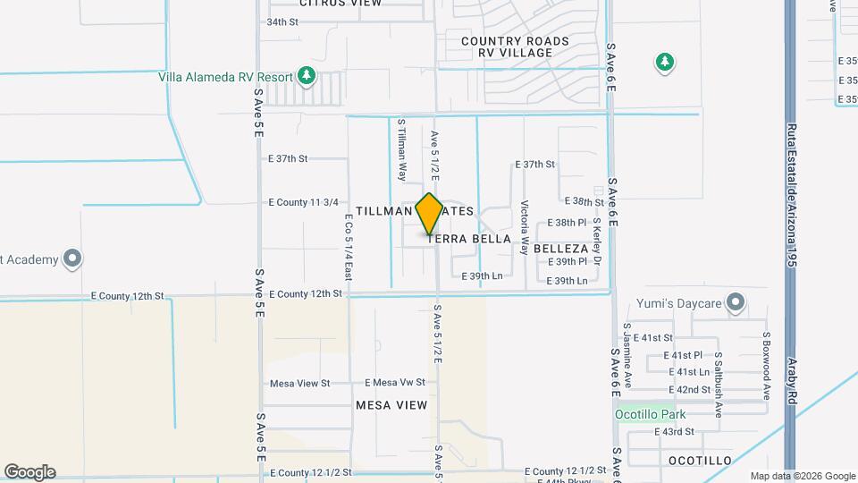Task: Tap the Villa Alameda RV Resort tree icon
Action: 307,74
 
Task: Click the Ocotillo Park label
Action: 650,414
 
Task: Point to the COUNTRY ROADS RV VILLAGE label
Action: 515,47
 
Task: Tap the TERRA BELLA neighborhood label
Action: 469,239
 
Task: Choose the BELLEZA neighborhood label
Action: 561,248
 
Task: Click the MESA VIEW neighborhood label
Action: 391,405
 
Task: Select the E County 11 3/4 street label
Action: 303,202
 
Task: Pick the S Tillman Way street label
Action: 402,149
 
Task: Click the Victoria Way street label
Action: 525,227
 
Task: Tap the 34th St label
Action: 282,21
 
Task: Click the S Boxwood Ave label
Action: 766,365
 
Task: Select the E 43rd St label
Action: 674,432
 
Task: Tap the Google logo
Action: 29,472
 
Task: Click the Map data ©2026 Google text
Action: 801,476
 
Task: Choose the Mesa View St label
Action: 299,383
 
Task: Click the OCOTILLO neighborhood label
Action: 700,461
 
